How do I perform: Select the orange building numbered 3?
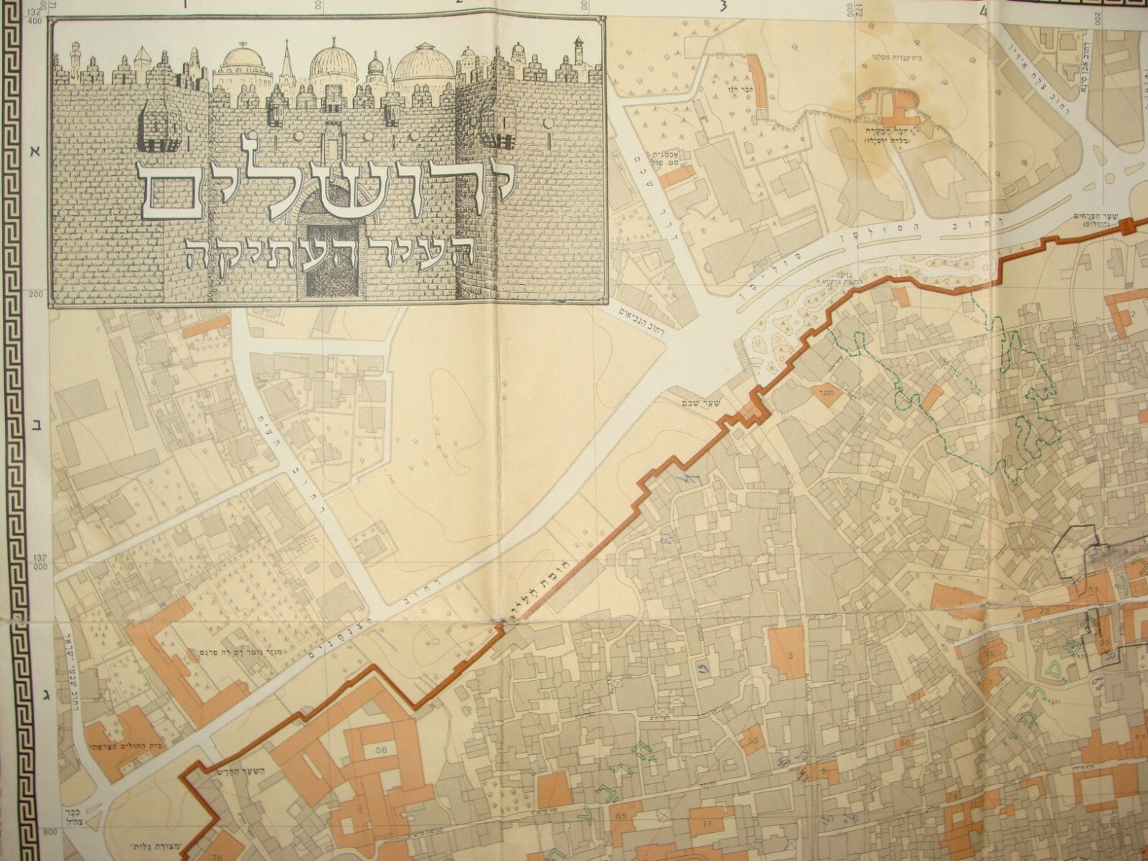click(x=789, y=653)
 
